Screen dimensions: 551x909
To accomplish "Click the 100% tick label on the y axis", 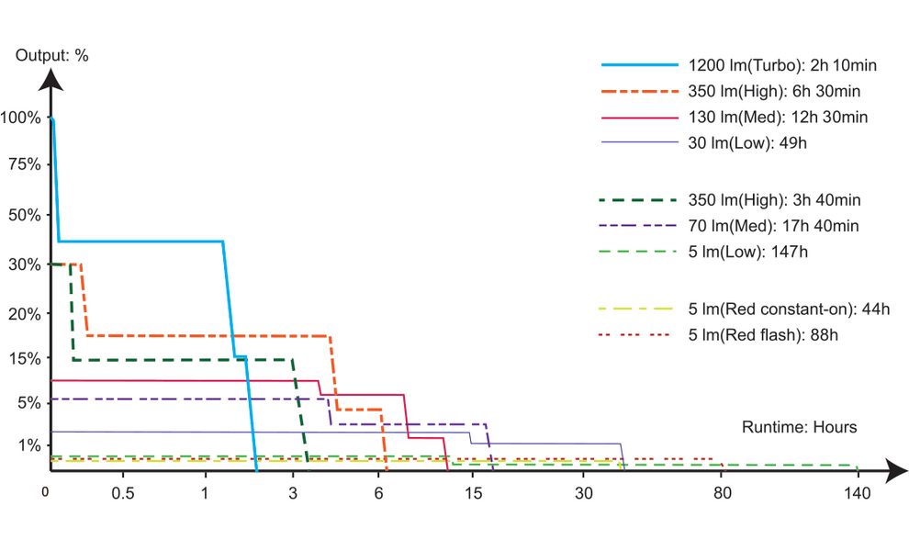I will coord(20,118).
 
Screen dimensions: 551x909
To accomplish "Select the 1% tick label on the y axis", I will coord(28,446).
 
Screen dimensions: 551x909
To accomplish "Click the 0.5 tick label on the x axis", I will coord(123,494).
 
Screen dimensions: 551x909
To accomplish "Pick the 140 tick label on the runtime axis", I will coord(857,494).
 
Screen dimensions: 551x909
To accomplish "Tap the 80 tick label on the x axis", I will coord(723,494).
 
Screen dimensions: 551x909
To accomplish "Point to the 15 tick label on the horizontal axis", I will coord(474,494).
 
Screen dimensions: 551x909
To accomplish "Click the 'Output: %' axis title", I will coord(52,55).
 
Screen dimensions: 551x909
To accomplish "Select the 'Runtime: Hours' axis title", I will coord(799,427).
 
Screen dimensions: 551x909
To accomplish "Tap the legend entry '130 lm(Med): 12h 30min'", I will coord(777,117).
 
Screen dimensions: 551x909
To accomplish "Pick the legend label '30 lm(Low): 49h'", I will coord(746,142).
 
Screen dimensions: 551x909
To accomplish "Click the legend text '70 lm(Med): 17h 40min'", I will coord(773,225).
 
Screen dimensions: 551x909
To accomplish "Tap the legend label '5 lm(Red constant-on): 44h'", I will coord(789,309).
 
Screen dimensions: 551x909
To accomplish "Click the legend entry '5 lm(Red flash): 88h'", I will coord(762,334).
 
